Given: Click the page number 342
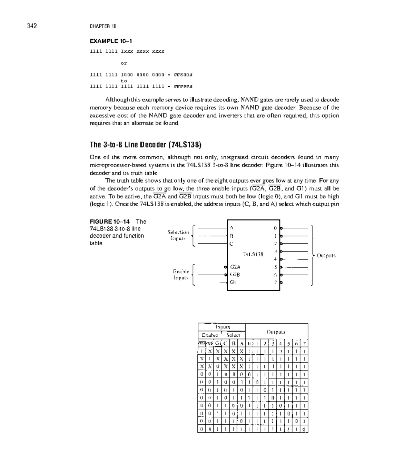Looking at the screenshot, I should pos(32,26).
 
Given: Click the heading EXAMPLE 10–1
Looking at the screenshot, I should pos(111,41).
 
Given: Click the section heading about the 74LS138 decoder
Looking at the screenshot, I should pos(145,144).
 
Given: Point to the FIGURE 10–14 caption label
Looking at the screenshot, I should pos(110,222).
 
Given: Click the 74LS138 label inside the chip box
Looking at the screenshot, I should pos(253,254).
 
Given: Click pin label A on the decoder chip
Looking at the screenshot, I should pos(232,228).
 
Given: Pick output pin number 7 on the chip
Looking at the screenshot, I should pos(275,283).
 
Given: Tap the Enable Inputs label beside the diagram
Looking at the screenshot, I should pos(181,275).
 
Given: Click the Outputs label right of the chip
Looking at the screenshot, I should pos(326,256).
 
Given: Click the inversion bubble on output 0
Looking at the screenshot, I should pos(282,228).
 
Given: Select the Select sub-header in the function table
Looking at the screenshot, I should pos(233,335).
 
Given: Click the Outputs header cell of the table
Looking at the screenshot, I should pos(276,332).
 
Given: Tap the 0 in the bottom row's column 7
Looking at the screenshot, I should pos(304,430).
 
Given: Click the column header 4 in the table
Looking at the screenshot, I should pos(280,343).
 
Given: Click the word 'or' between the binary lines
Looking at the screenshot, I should pos(124,63).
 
